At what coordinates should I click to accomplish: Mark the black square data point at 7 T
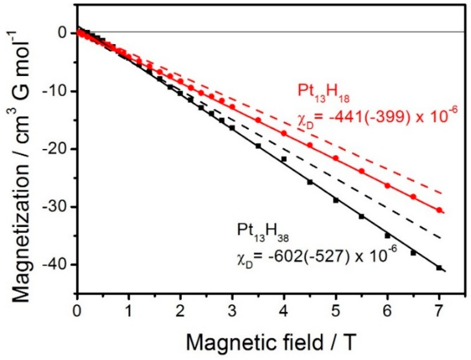pyautogui.click(x=439, y=268)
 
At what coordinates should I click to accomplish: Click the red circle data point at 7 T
pyautogui.click(x=439, y=210)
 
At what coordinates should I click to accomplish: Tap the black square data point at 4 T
pyautogui.click(x=284, y=159)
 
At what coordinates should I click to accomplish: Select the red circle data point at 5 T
pyautogui.click(x=336, y=158)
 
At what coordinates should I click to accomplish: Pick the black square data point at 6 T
pyautogui.click(x=387, y=235)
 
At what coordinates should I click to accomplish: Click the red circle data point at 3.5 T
pyautogui.click(x=258, y=120)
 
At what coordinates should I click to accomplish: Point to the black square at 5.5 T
pyautogui.click(x=362, y=216)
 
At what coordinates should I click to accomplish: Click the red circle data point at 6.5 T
pyautogui.click(x=413, y=197)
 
